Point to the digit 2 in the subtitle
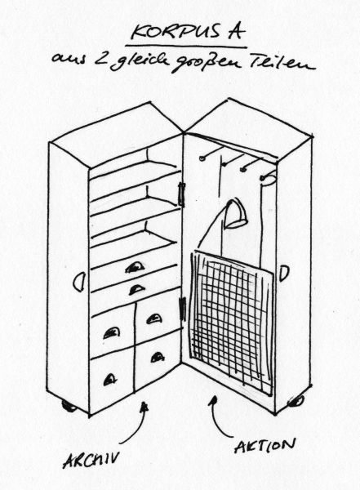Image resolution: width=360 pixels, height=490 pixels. (x=100, y=60)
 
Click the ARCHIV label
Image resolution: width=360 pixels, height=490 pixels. (x=91, y=459)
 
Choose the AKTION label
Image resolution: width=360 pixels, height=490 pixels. (x=265, y=445)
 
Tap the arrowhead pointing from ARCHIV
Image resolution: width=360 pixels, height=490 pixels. (x=144, y=407)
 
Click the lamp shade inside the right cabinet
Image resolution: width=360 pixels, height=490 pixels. (x=235, y=212)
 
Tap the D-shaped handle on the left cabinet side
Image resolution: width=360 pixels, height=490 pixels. (x=79, y=282)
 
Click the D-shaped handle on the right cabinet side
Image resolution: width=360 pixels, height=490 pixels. (x=284, y=273)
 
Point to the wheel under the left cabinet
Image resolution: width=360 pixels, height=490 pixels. (x=69, y=406)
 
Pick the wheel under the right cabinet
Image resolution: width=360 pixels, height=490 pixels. (x=296, y=401)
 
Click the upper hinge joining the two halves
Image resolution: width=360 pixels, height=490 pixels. (x=181, y=194)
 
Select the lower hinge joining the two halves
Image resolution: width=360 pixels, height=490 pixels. (x=183, y=310)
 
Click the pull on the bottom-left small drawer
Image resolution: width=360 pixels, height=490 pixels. (x=109, y=380)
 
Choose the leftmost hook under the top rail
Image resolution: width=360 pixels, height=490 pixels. (x=203, y=158)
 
